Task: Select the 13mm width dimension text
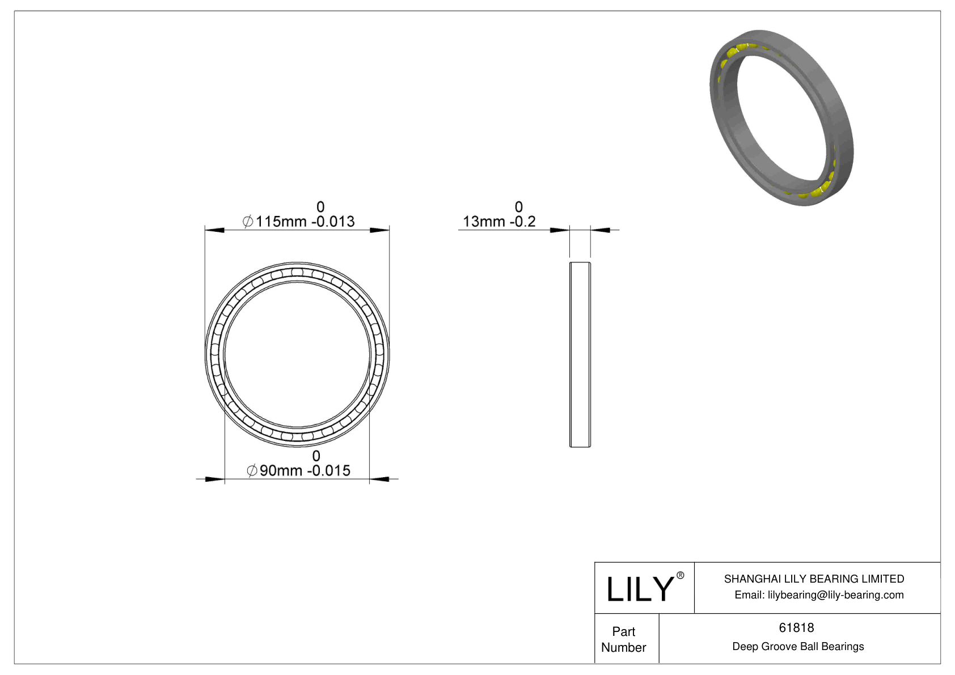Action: [x=498, y=222]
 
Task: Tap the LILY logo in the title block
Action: [x=640, y=589]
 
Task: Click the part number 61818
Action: [x=796, y=627]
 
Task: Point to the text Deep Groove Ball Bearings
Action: [x=798, y=647]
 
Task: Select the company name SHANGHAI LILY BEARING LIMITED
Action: [x=814, y=579]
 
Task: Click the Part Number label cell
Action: [x=624, y=639]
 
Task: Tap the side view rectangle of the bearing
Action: [x=580, y=355]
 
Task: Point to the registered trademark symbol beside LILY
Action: [x=681, y=575]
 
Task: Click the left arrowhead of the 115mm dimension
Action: [x=214, y=230]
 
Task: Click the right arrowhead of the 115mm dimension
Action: [x=380, y=230]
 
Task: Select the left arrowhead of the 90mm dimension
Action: [x=215, y=479]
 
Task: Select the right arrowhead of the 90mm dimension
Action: [x=379, y=479]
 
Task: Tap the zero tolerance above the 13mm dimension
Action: [x=518, y=207]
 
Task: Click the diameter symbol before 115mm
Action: [x=248, y=222]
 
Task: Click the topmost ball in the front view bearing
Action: [x=297, y=272]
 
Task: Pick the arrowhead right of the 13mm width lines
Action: [x=601, y=230]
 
